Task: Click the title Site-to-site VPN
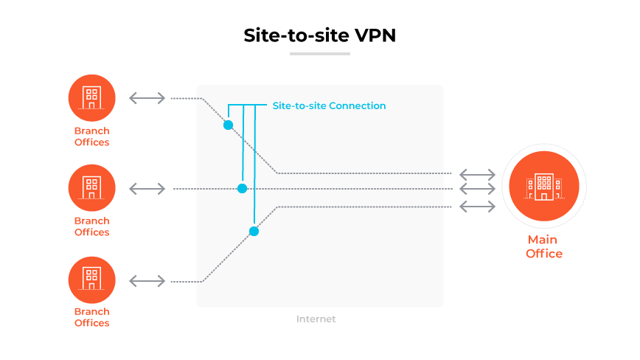319,35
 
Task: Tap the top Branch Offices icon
91,97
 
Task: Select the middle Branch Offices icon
91,188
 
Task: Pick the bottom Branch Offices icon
91,280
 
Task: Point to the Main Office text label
543,246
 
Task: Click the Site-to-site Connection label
329,105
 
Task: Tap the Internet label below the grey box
316,319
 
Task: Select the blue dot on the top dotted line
228,125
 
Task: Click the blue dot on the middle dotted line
242,189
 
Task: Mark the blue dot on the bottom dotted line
254,231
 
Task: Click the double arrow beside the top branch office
147,98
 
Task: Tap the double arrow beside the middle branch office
147,189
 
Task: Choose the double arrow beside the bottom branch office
147,280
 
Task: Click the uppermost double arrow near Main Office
477,174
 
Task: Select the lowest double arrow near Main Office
477,206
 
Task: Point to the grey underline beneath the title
319,54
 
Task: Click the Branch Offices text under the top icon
91,136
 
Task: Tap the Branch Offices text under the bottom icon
91,317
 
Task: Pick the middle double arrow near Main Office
477,190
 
